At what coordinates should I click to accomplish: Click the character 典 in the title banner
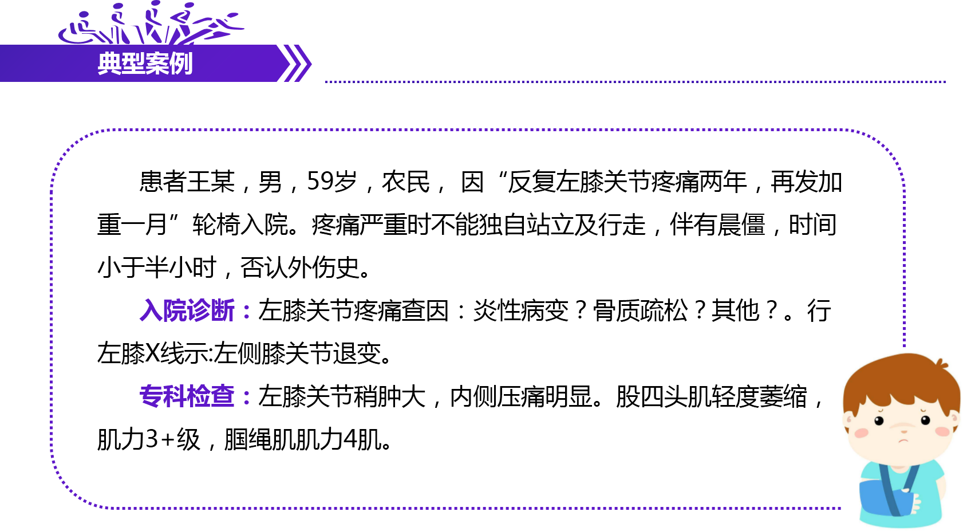click(x=109, y=63)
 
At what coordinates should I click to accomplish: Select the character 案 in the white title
click(x=157, y=63)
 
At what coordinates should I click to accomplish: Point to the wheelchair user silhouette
click(x=80, y=32)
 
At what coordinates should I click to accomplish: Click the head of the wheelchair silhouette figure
click(x=84, y=15)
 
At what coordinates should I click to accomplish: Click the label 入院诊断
click(x=188, y=310)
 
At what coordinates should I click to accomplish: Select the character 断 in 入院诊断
click(x=223, y=310)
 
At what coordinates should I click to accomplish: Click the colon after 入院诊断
click(x=247, y=312)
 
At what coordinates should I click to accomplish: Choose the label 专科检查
click(x=188, y=396)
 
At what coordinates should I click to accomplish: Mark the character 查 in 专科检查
click(x=223, y=396)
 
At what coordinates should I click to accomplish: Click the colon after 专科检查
click(x=247, y=397)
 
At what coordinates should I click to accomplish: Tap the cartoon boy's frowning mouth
click(x=903, y=440)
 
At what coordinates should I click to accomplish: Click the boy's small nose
click(x=904, y=431)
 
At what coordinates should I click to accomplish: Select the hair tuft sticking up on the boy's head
click(x=941, y=363)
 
